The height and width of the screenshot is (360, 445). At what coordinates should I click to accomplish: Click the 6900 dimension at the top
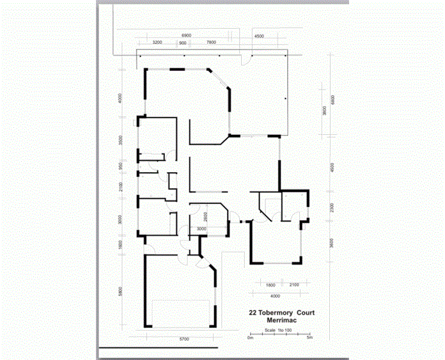point(186,34)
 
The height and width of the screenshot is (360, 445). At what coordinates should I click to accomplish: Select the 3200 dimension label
point(157,42)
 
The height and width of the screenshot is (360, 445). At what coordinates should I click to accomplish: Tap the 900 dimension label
point(183,42)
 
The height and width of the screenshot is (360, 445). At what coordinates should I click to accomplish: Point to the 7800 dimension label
point(210,42)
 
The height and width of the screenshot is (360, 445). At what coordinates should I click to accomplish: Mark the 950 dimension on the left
point(121,166)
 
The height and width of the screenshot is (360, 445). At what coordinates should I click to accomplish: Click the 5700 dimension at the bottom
point(184,339)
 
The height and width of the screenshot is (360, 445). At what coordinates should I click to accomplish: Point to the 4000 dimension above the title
point(275,296)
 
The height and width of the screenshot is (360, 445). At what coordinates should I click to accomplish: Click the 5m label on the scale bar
point(309,338)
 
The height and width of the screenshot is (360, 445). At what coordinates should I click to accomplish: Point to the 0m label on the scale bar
point(251,338)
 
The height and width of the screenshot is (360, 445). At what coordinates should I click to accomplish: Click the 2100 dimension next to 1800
point(295,285)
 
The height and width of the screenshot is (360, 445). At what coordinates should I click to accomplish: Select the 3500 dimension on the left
point(121,141)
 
